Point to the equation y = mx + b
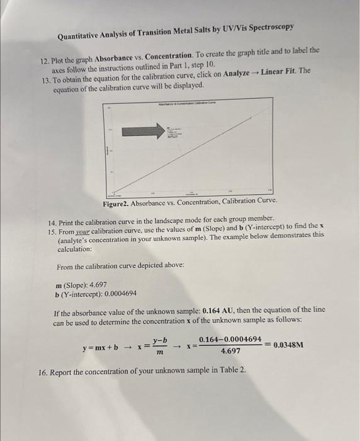[100, 346]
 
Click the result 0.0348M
[289, 345]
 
